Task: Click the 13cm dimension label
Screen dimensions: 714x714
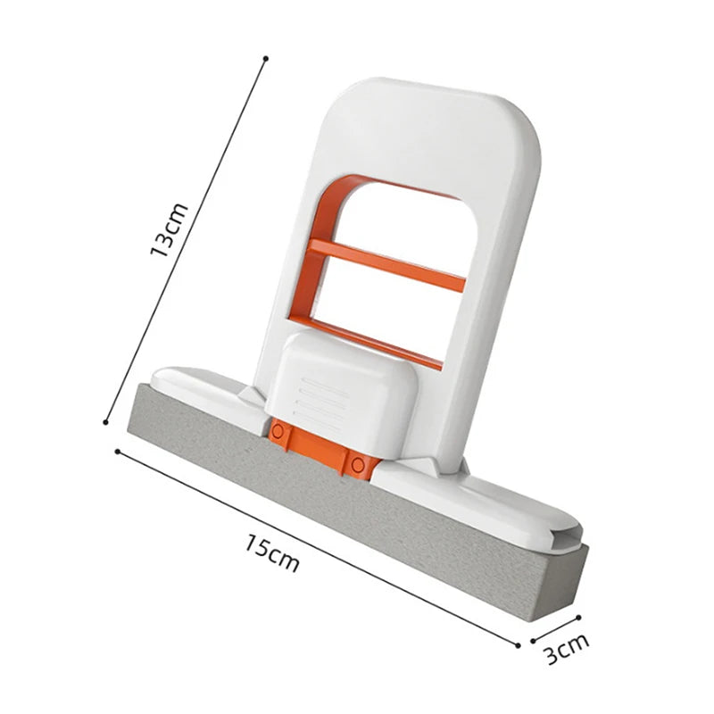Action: point(170,230)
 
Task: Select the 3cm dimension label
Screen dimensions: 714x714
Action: point(568,649)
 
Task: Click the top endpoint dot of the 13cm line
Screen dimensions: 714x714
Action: point(266,59)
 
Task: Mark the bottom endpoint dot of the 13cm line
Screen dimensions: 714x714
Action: point(106,422)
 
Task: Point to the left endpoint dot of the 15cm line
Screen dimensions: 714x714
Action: point(118,451)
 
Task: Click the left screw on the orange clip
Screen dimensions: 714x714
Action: point(278,432)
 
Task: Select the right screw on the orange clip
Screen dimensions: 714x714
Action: point(359,461)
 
